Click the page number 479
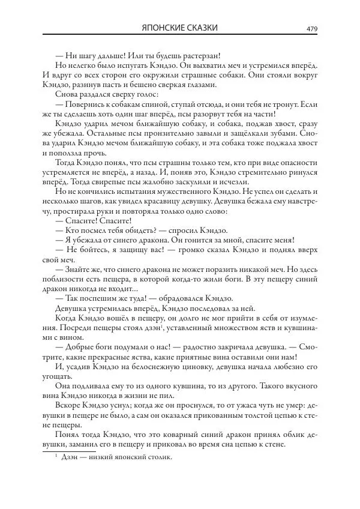pyautogui.click(x=311, y=29)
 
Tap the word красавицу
pyautogui.click(x=194, y=201)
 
